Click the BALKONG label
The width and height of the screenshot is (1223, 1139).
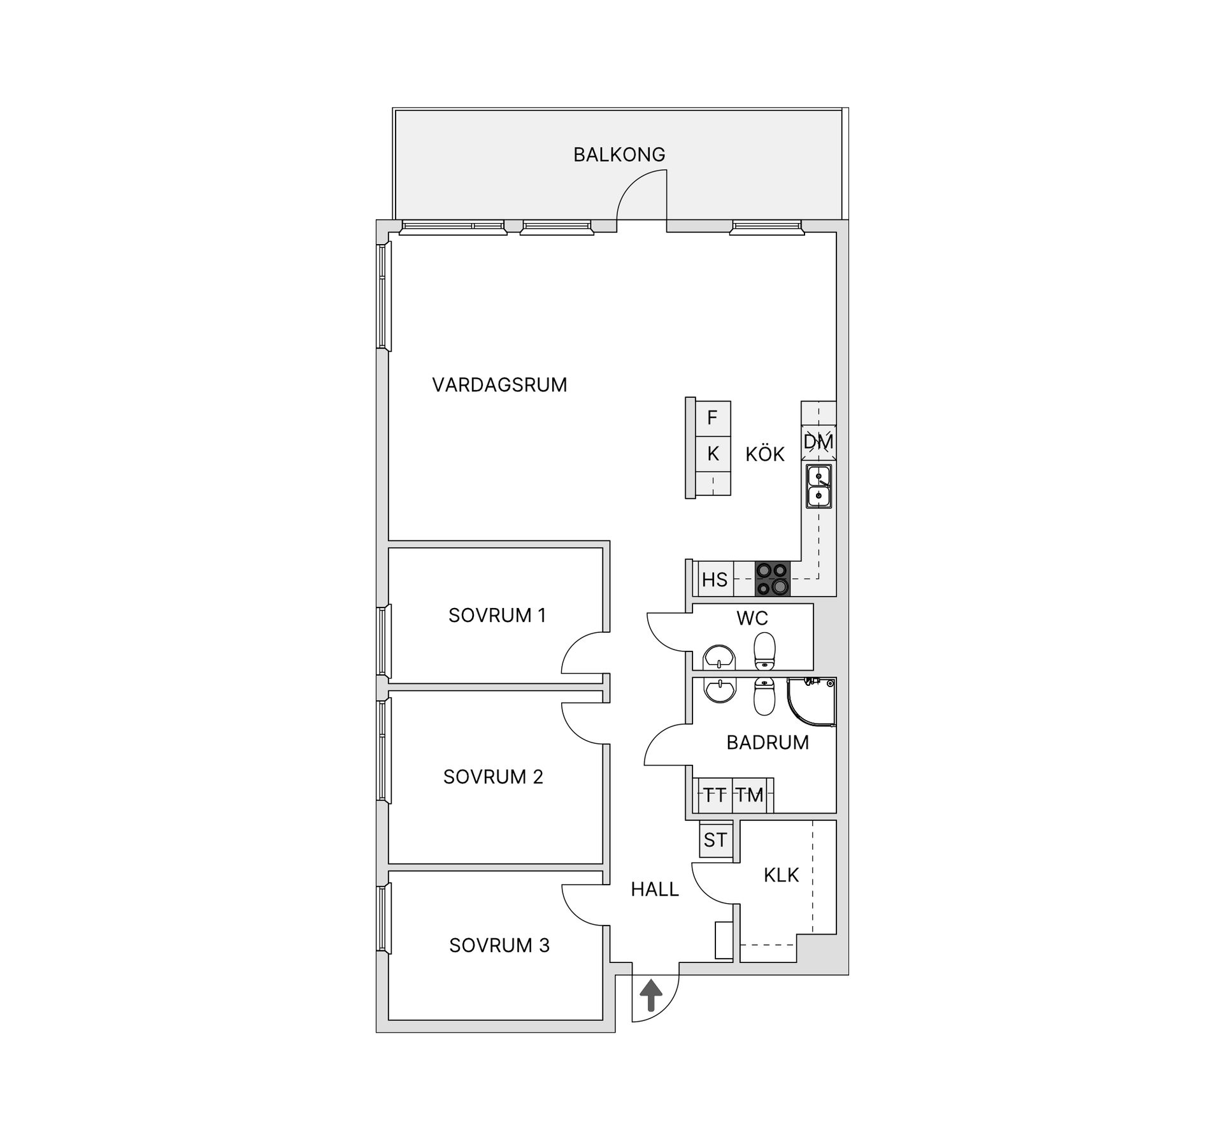pyautogui.click(x=619, y=154)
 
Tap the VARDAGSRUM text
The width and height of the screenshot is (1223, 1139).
pyautogui.click(x=499, y=385)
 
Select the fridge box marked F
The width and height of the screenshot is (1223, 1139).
pyautogui.click(x=713, y=418)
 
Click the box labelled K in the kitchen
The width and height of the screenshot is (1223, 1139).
pyautogui.click(x=713, y=454)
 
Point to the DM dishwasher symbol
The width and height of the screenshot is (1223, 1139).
pyautogui.click(x=819, y=442)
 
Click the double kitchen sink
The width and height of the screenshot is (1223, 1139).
pyautogui.click(x=819, y=486)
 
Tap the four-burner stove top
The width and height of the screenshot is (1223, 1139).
pyautogui.click(x=773, y=579)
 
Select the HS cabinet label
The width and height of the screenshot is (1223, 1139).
pyautogui.click(x=715, y=579)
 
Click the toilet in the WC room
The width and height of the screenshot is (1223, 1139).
pyautogui.click(x=764, y=651)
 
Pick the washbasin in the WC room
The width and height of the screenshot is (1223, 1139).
pyautogui.click(x=719, y=657)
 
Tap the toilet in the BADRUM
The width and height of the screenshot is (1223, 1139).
pyautogui.click(x=764, y=697)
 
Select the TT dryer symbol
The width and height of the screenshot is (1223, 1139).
pyautogui.click(x=715, y=795)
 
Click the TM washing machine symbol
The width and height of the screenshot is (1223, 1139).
pyautogui.click(x=750, y=795)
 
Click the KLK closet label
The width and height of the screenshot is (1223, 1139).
pyautogui.click(x=781, y=875)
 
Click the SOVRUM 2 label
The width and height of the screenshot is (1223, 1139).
pyautogui.click(x=493, y=776)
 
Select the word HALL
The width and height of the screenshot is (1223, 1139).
pyautogui.click(x=655, y=889)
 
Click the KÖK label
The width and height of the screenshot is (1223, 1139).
pyautogui.click(x=765, y=454)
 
